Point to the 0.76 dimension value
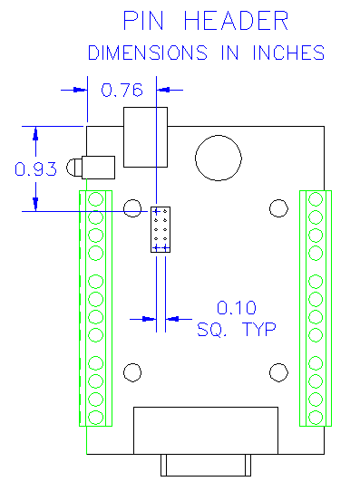point(121,91)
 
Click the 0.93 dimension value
point(35,168)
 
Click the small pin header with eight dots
point(161,228)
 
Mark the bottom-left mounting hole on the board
point(133,371)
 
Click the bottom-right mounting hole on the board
point(278,371)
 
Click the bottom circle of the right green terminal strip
point(316,416)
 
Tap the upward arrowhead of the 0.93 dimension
point(35,133)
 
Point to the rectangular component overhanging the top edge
point(146,137)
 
